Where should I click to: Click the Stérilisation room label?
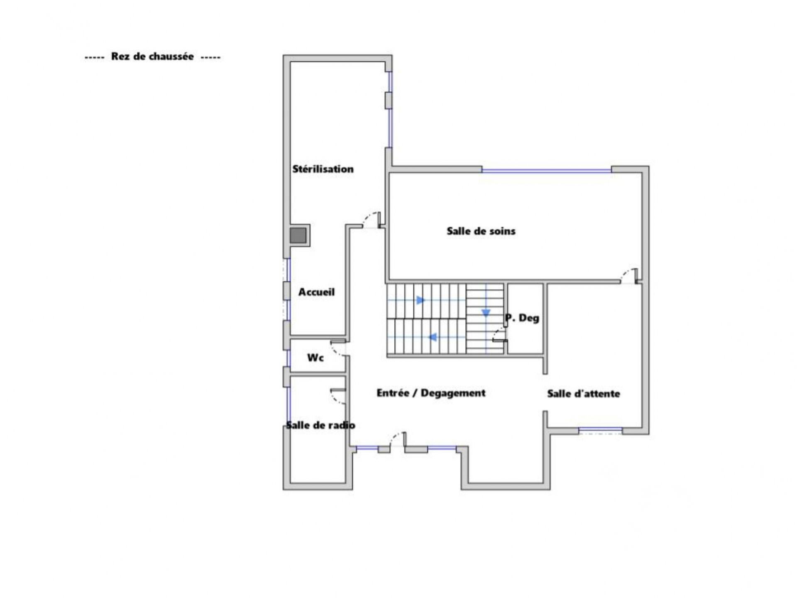[323, 169]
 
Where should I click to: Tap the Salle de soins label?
[481, 231]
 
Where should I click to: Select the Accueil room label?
[316, 292]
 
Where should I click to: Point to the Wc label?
[315, 358]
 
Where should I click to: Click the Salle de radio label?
[320, 425]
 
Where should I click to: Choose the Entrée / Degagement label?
[431, 393]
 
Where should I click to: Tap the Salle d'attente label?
[583, 393]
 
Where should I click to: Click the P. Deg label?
[522, 318]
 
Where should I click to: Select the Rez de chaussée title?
[152, 56]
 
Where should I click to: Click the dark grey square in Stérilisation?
[298, 235]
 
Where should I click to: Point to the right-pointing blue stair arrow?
[421, 300]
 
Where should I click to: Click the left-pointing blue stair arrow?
[433, 337]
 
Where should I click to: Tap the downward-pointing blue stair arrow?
[486, 313]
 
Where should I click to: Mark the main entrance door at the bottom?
[398, 439]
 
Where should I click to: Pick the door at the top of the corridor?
[372, 220]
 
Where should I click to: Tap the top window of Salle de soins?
[546, 170]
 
